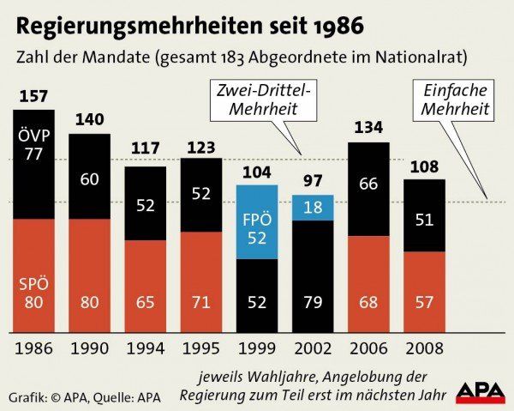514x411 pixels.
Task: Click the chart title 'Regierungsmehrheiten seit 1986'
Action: (190, 24)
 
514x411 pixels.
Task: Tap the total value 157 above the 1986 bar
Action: (34, 97)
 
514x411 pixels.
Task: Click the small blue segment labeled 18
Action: (313, 208)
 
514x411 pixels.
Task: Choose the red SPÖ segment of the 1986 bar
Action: (34, 275)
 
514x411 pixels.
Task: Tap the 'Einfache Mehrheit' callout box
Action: (454, 100)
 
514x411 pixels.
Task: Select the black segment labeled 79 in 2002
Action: (313, 276)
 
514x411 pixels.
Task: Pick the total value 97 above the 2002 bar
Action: (313, 182)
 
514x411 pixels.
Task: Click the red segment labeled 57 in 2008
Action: (424, 292)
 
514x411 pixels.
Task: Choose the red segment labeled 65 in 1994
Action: (146, 287)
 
